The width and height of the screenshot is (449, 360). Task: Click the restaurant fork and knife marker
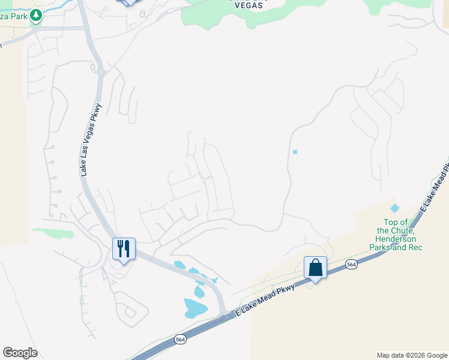coord(124,249)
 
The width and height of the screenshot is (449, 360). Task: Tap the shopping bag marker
coord(315,268)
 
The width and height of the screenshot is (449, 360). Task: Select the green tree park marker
coord(36,15)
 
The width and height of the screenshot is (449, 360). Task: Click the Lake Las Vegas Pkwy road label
coord(92,140)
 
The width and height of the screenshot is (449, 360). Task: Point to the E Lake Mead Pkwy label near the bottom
coord(265,299)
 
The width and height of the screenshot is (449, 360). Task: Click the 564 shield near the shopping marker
coord(351,264)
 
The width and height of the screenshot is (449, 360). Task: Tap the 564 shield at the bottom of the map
coord(180,340)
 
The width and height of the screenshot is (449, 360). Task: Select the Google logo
coord(20,353)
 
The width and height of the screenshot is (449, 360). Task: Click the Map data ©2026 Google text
coord(412,355)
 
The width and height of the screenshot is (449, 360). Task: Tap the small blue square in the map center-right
coord(295,152)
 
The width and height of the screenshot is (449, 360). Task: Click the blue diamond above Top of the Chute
coord(394,208)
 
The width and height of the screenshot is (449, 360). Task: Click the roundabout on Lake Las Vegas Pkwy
coord(100,72)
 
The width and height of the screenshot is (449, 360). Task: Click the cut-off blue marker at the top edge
coord(128,2)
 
